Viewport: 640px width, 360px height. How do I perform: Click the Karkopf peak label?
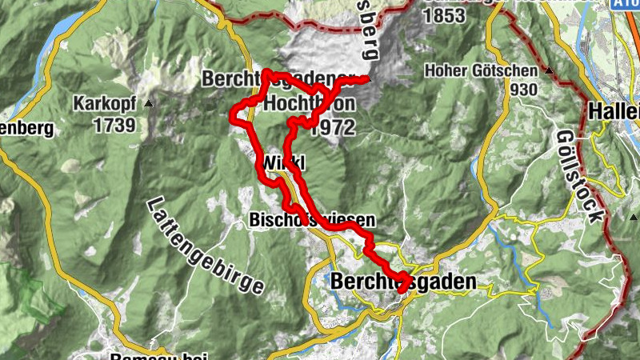point(105,104)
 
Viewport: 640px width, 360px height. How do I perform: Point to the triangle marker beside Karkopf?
point(149,104)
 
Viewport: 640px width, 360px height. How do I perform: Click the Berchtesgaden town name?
point(402,282)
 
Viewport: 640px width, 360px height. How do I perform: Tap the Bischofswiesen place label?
point(311,219)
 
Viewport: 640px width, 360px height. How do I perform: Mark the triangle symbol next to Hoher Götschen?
point(550,70)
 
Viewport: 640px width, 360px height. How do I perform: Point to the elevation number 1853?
point(446,15)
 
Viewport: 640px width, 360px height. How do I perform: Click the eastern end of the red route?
point(367,78)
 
